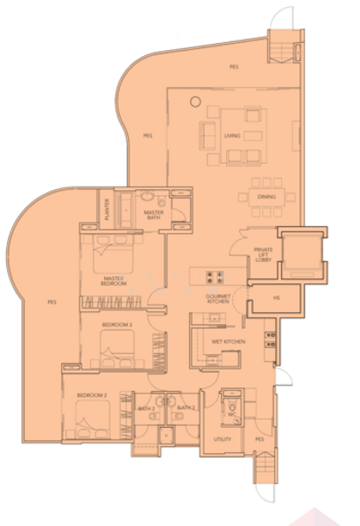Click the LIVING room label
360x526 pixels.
point(231,136)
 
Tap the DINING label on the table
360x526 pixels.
point(265,197)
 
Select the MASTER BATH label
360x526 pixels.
point(154,213)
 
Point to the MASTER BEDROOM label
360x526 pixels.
point(115,281)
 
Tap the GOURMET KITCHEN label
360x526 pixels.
point(217,300)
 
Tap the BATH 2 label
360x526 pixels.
point(146,409)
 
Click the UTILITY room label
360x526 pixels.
point(222,438)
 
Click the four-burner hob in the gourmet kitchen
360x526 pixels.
point(214,279)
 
